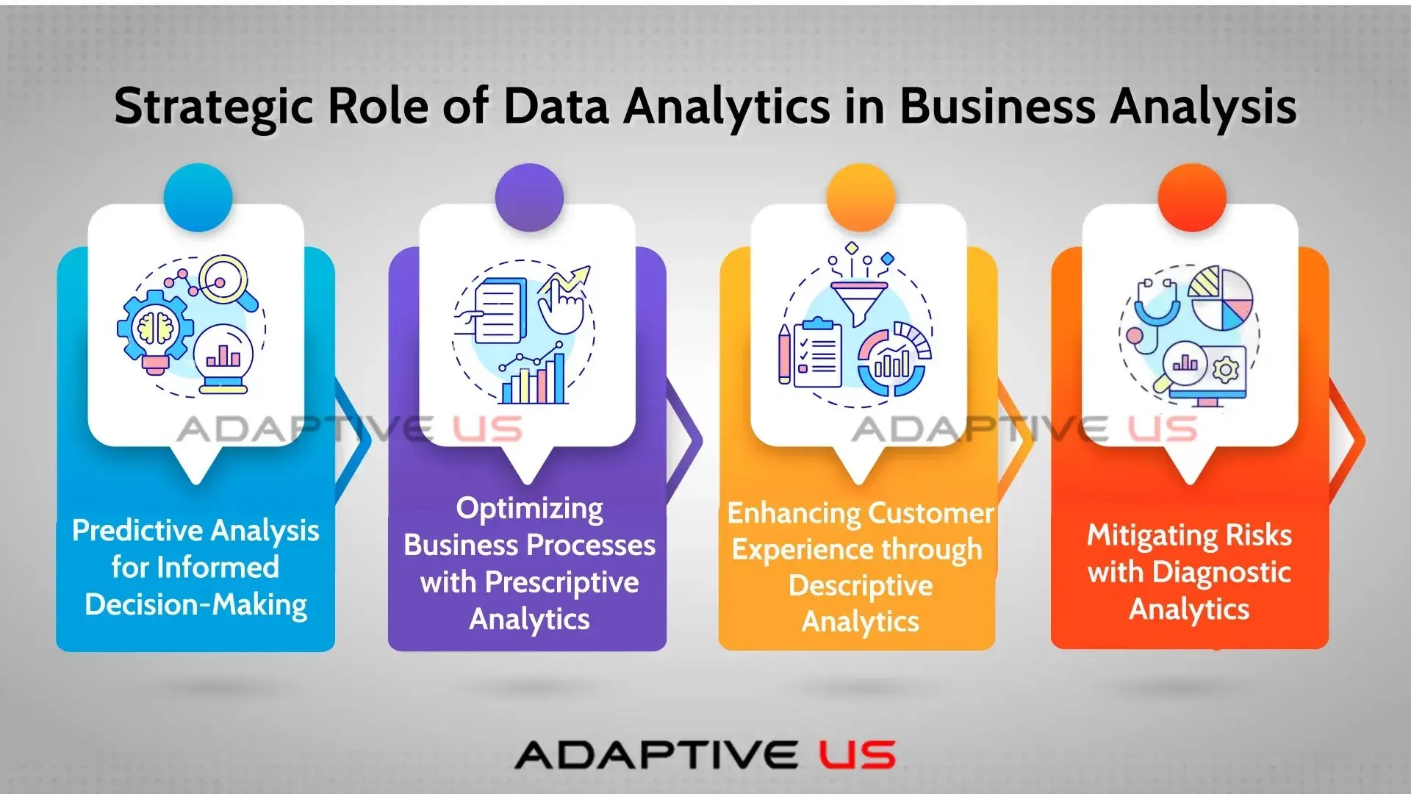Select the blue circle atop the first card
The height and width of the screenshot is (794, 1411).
point(198,197)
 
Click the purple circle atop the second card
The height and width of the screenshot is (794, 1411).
point(529,197)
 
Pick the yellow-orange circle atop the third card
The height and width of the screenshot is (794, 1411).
point(861,197)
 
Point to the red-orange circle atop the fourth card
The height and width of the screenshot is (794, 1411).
point(1191,197)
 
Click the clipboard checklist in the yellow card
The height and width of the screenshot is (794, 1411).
point(816,353)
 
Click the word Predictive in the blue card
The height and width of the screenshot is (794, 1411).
point(137,531)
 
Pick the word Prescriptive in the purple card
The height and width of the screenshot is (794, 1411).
point(562,583)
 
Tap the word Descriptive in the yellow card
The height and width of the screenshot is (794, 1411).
point(861,586)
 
